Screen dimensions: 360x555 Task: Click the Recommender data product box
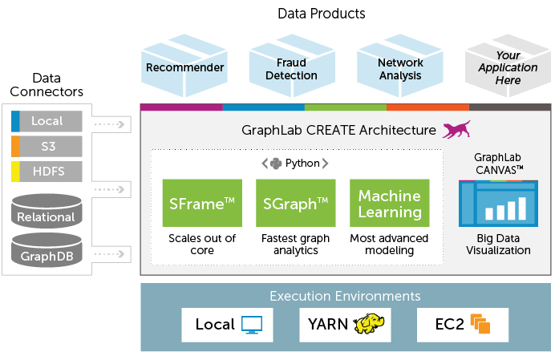point(184,67)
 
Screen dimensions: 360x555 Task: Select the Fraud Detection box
point(292,68)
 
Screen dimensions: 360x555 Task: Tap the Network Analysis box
point(399,68)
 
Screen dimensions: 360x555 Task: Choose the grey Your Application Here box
point(508,68)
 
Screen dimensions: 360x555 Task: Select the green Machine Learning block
point(389,204)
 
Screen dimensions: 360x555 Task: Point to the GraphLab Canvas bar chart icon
point(498,203)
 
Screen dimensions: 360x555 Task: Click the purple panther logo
point(457,129)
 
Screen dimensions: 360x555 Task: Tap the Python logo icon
point(277,164)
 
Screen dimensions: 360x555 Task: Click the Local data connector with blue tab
point(47,122)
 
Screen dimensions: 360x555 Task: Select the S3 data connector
point(47,147)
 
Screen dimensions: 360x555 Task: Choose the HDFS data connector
point(47,172)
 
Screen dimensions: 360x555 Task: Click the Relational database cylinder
point(47,211)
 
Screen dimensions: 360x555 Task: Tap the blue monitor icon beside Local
point(253,325)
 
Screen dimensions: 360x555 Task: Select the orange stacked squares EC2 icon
point(480,325)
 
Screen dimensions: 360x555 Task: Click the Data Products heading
point(321,14)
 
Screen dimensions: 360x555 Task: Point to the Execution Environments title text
point(345,296)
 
